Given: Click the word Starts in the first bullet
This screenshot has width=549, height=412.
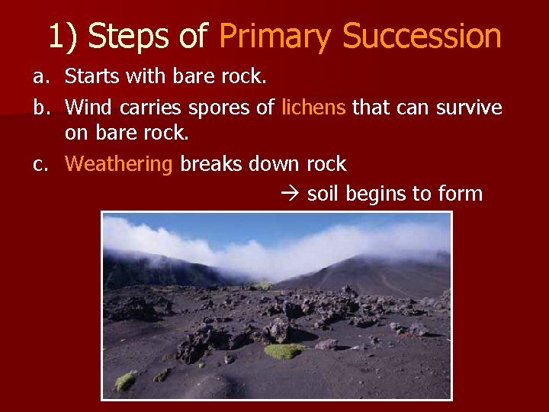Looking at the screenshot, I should tap(89, 76).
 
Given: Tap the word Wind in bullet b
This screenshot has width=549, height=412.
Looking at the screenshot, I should tap(87, 107).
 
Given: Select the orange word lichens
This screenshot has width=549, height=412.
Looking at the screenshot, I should tap(313, 107).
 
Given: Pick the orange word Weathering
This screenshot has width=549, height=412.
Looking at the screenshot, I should tap(120, 165).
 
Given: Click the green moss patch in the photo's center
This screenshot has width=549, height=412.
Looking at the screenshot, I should tap(284, 350).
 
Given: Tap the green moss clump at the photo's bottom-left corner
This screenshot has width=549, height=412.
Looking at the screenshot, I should tap(125, 381).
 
